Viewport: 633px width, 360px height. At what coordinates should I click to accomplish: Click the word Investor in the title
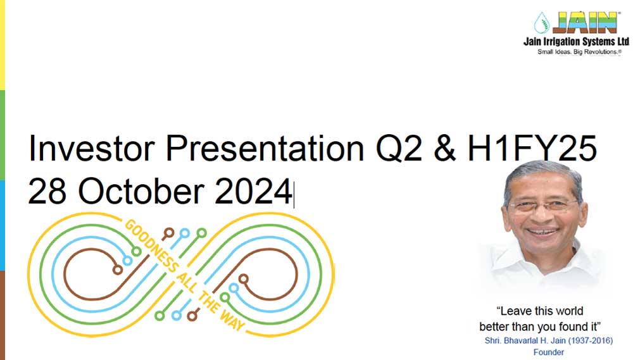point(92,148)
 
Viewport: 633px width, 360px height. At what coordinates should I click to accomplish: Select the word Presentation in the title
point(265,148)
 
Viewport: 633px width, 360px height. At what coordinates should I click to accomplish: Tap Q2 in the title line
point(399,149)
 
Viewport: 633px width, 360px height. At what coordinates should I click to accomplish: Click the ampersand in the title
point(444,148)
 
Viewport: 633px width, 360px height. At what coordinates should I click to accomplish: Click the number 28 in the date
point(47,191)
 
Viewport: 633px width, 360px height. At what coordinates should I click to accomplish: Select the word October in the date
point(141,191)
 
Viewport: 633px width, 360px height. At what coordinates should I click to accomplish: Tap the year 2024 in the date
point(254,191)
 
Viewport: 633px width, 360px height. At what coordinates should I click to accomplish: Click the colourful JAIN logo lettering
point(585,22)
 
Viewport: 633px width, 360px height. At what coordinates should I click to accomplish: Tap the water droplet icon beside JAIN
point(542,23)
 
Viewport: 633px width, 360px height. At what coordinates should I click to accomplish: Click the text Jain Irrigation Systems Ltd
point(576,41)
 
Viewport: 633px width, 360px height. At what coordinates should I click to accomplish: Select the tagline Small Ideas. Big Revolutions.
point(579,52)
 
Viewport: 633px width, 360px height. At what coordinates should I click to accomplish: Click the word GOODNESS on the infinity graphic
point(151,245)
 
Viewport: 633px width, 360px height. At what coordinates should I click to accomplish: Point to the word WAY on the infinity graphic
point(232,320)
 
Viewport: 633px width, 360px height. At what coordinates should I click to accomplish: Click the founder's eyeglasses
point(543,206)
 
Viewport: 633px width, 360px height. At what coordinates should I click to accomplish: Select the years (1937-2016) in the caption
point(590,340)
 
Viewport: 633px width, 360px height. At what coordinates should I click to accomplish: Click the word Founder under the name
point(549,352)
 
